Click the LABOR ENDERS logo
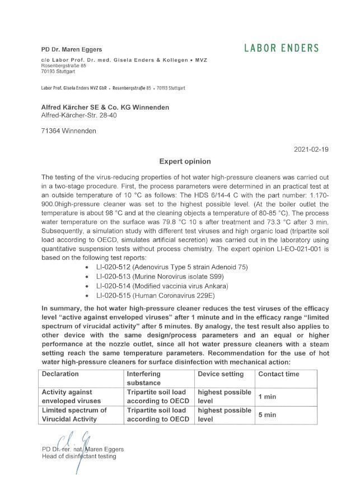(x=281, y=48)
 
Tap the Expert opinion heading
(x=184, y=162)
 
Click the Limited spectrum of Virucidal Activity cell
(x=73, y=415)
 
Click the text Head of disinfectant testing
(x=79, y=456)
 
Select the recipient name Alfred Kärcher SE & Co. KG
(x=105, y=107)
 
